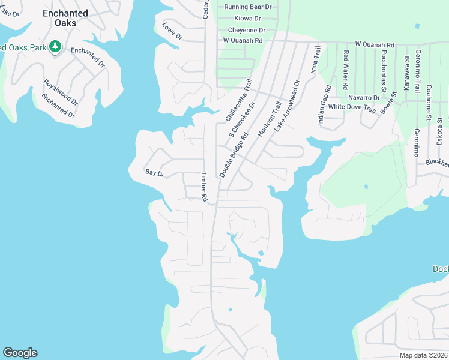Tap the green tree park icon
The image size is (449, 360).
click(55, 46)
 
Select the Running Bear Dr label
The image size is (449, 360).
click(247, 7)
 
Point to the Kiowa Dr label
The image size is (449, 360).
click(247, 19)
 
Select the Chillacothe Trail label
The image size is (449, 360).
click(238, 100)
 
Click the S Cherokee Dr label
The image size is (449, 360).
click(243, 119)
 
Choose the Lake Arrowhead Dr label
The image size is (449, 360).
click(286, 106)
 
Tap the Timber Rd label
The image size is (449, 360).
click(204, 187)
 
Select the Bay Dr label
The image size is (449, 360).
click(154, 173)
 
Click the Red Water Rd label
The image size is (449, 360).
click(346, 68)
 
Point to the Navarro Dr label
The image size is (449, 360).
click(364, 97)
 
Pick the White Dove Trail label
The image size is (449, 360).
click(352, 108)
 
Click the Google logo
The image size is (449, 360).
click(20, 353)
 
